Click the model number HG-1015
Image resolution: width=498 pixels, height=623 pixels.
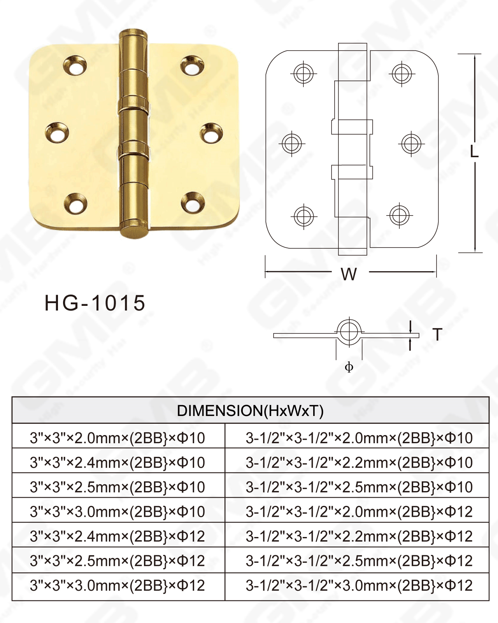pos(95,303)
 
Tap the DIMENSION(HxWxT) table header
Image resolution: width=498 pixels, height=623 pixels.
pos(250,411)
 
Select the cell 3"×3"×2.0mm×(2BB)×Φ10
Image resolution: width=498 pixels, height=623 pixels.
pos(117,438)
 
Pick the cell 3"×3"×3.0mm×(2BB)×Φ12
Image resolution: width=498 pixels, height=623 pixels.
pos(117,586)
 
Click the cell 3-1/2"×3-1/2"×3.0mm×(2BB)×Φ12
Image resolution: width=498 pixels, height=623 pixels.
pos(359,586)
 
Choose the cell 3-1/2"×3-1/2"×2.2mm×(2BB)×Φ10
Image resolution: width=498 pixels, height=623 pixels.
pos(359,463)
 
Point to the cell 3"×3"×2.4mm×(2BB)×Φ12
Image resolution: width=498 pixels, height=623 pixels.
pos(117,537)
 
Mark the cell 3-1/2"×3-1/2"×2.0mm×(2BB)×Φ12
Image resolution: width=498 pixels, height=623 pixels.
pos(359,512)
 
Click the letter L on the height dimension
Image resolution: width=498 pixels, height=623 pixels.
pos(474,151)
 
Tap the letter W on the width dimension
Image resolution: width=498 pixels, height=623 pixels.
pos(349,274)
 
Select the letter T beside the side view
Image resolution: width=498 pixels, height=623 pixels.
pos(437,335)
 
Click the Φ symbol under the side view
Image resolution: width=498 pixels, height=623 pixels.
pos(349,367)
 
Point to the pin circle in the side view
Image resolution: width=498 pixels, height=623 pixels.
pos(349,332)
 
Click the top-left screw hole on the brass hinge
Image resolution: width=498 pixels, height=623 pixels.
pos(75,66)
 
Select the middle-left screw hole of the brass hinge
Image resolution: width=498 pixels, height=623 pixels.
pos(57,133)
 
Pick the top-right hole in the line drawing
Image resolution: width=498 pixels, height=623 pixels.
pos(402,73)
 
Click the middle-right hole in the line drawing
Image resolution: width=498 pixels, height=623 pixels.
pos(411,144)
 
